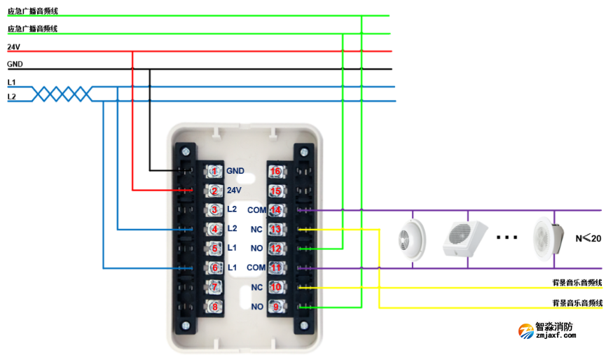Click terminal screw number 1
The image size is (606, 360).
click(215, 171)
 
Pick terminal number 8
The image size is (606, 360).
click(215, 306)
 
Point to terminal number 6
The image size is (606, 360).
click(215, 268)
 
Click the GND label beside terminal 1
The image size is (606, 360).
click(235, 171)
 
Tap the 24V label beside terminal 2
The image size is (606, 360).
click(234, 191)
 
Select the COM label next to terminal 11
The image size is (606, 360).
click(255, 268)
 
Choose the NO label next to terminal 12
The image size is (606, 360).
click(256, 249)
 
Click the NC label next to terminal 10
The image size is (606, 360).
click(256, 287)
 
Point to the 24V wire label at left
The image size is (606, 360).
click(13, 47)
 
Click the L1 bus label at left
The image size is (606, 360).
click(11, 83)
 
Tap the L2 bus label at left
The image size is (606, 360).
click(11, 97)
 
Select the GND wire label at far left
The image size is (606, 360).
click(15, 64)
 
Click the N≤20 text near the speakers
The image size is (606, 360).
click(588, 238)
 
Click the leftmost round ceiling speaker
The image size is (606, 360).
click(406, 237)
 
